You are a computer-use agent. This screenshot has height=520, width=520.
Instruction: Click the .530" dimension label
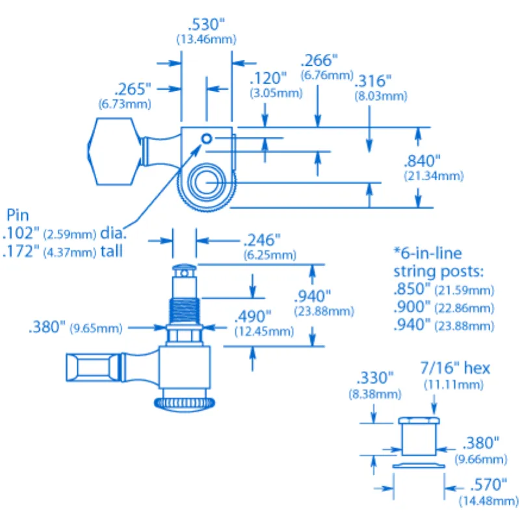point(206,25)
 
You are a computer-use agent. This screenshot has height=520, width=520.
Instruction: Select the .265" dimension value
point(133,90)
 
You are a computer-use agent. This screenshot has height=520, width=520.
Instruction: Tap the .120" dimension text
point(268,79)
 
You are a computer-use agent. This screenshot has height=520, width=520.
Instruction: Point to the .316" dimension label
point(373,81)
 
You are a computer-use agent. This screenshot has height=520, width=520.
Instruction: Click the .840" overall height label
point(422,161)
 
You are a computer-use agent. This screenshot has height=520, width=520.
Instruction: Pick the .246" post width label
point(262,240)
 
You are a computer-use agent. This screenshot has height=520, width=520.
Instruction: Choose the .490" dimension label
point(253,317)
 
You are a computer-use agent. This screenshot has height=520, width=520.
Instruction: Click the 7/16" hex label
point(455,368)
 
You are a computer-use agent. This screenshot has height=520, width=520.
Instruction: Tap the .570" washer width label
point(489,485)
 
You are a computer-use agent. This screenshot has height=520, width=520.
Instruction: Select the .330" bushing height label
point(375,378)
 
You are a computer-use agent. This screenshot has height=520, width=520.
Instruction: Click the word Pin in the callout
point(18,215)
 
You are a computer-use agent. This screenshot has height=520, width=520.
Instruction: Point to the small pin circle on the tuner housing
point(207,138)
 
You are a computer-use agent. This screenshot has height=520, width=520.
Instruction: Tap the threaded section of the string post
point(185,311)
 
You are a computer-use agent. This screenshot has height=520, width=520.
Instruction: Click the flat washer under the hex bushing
point(419,466)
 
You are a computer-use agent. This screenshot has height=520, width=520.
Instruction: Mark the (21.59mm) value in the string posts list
point(464,291)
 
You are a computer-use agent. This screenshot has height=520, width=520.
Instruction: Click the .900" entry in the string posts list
point(412,307)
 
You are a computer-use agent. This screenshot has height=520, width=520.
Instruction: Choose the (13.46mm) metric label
point(206,40)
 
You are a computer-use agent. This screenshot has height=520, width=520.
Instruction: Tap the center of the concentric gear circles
point(206,183)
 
